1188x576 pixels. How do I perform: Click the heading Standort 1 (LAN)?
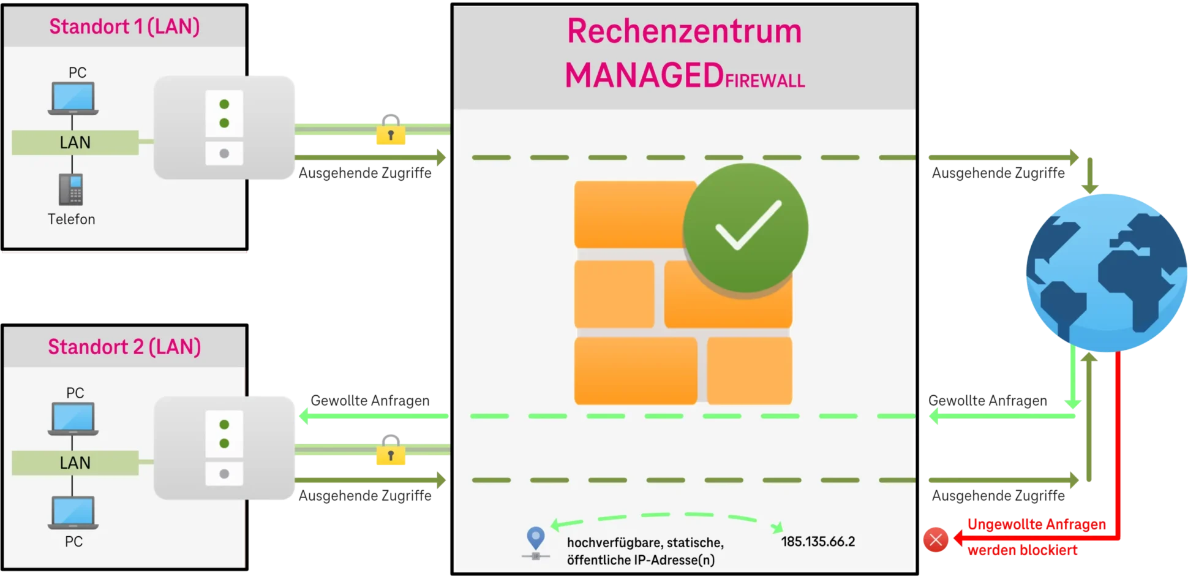point(124,26)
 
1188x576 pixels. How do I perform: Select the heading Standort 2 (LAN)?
point(124,347)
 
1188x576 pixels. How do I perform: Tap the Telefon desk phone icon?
point(71,189)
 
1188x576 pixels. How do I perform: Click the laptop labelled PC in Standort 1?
point(73,98)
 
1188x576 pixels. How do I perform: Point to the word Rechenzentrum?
point(684,31)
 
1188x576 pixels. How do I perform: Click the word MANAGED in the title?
point(644,76)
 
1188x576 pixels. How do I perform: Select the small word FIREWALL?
point(765,81)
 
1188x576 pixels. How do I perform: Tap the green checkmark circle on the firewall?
point(746,228)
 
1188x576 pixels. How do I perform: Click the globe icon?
point(1106,273)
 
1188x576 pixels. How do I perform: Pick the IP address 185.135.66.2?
point(818,542)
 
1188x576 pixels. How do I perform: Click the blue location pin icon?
point(536,539)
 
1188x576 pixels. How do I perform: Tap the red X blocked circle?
point(936,540)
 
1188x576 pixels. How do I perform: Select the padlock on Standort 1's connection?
point(391,130)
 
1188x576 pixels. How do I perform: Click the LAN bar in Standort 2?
point(75,463)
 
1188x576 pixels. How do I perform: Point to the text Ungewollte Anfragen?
point(1036,525)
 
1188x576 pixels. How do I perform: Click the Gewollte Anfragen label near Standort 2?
point(370,401)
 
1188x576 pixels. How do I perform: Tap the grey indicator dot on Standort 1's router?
point(224,153)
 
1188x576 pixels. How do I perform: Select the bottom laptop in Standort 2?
point(73,512)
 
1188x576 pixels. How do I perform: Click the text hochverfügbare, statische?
point(645,542)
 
